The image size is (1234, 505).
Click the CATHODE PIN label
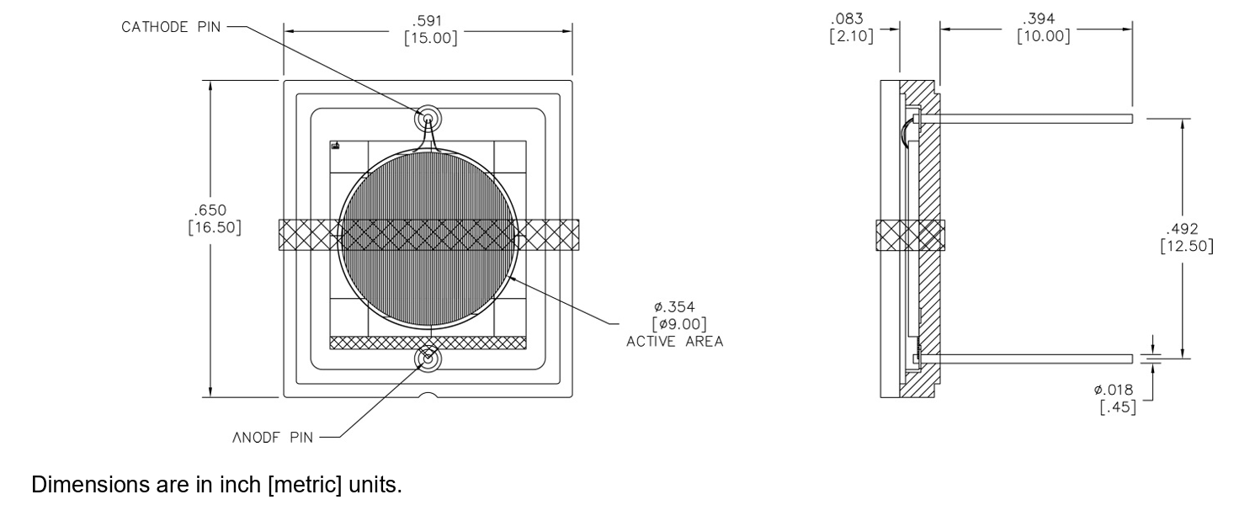coord(171,27)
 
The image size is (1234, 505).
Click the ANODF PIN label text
coord(273,438)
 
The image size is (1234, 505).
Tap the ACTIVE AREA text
coord(675,342)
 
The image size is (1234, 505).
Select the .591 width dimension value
coord(427,21)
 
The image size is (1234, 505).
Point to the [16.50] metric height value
coord(215,227)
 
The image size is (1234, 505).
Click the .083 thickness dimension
coord(847,19)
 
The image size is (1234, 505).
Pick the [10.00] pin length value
coord(1044,36)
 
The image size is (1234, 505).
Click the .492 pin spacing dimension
coord(1182,229)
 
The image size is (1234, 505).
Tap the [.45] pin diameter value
coord(1119,407)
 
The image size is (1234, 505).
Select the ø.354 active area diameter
coord(674,306)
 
